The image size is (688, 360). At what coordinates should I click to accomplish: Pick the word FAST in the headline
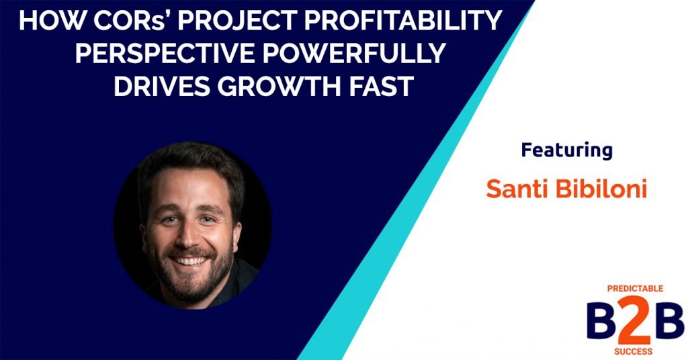[372, 87]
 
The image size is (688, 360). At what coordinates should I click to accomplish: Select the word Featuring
[566, 150]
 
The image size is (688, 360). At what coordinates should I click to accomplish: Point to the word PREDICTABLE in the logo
[634, 289]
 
